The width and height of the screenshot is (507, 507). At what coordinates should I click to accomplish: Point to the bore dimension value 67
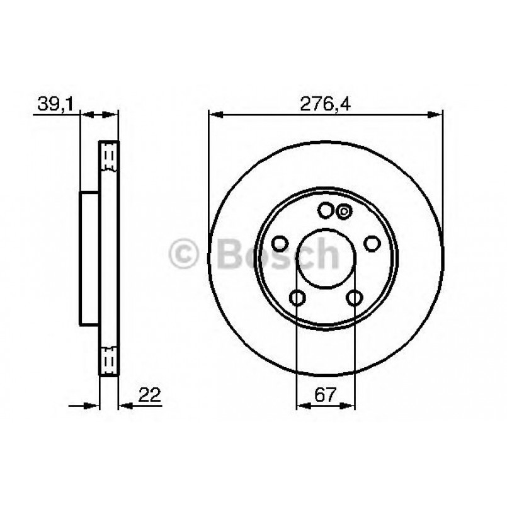point(326,396)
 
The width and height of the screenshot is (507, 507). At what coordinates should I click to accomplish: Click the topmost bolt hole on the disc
point(326,210)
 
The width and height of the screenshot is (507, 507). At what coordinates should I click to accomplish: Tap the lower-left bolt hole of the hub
point(297,298)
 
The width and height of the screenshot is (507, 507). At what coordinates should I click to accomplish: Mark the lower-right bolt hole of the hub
point(355,298)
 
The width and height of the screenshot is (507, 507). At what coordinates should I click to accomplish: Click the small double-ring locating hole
point(343,212)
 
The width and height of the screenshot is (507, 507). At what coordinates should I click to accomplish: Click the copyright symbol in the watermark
point(186,255)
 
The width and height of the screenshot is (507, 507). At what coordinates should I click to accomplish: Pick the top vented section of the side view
point(110,158)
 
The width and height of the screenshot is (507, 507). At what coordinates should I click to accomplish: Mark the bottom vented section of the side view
point(110,362)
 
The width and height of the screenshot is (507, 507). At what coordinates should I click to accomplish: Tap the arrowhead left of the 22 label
point(123,406)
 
